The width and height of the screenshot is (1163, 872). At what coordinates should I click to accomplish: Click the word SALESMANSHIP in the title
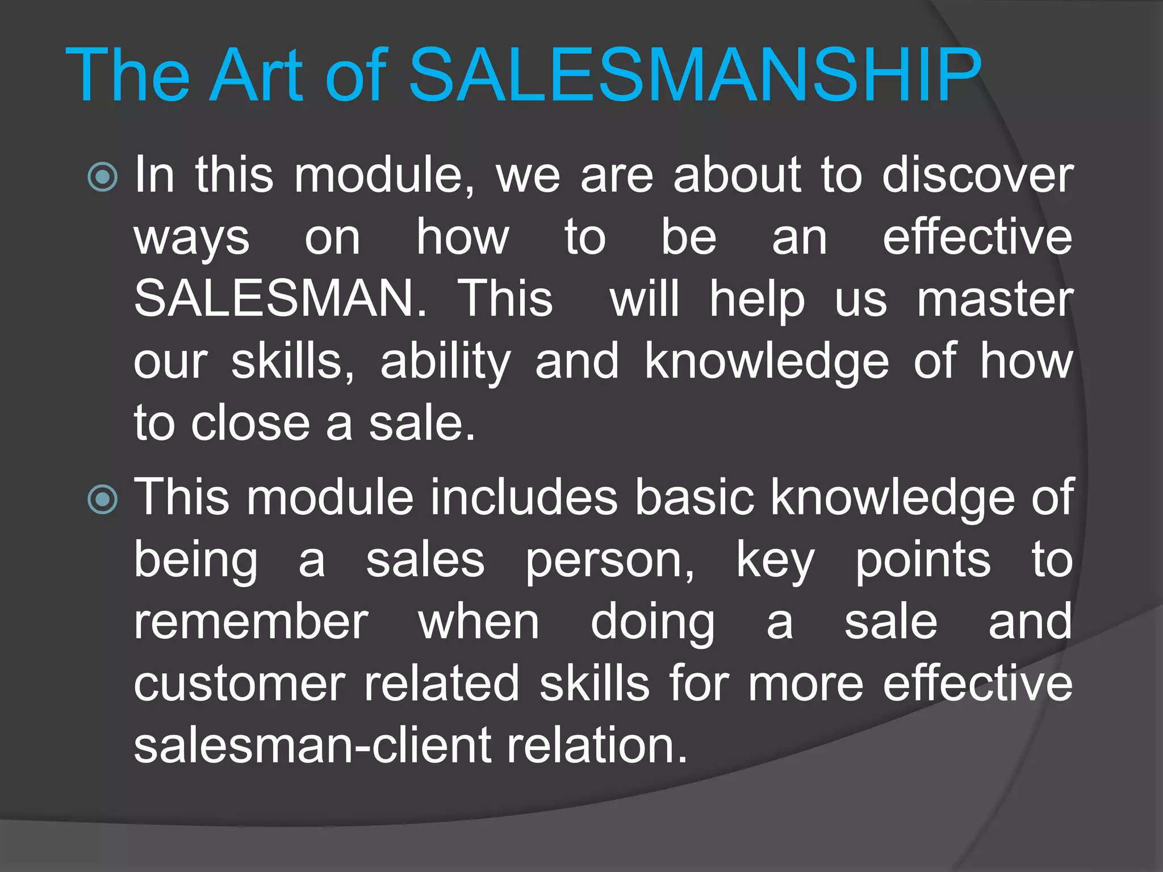pos(695,76)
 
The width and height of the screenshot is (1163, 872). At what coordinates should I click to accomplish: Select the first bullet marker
pos(103,177)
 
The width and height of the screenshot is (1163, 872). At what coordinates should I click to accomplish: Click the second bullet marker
pos(103,500)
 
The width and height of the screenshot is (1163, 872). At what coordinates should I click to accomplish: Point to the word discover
pos(977,175)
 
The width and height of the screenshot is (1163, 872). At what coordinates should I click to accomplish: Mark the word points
pos(923,561)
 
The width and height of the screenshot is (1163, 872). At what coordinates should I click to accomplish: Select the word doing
pos(652,623)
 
